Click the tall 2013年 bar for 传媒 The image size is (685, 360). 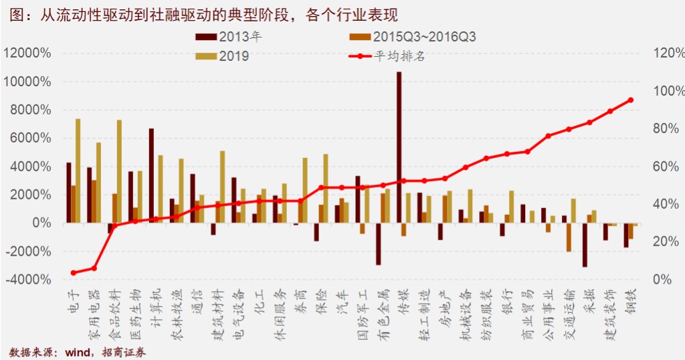tap(399, 147)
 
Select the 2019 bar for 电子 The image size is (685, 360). tap(78, 171)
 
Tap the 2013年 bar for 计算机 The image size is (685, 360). tap(152, 175)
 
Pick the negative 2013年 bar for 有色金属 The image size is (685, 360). tap(379, 244)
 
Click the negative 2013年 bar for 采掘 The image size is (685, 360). tap(585, 244)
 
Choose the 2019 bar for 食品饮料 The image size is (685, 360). tap(119, 171)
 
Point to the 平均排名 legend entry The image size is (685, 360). tap(395, 56)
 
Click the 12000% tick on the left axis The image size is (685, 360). tap(27, 54)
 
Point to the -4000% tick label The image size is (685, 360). tap(27, 279)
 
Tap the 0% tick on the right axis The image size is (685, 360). tap(662, 279)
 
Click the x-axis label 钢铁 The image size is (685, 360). tap(629, 303)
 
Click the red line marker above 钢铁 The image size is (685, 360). tap(630, 100)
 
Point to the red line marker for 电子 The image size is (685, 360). tap(74, 273)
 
